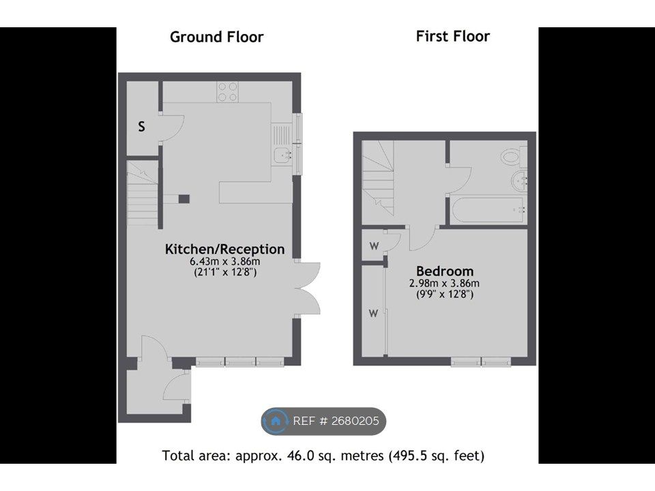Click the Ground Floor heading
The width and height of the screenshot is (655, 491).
click(216, 37)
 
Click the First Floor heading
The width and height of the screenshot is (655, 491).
click(453, 36)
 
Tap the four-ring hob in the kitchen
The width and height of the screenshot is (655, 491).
click(228, 91)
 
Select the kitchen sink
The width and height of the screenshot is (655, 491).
click(282, 155)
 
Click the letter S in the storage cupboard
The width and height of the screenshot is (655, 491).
click(142, 126)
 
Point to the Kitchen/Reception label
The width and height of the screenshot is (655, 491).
click(224, 249)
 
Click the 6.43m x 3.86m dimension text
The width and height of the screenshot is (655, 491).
click(224, 261)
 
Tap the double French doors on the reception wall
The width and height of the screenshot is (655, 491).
click(308, 288)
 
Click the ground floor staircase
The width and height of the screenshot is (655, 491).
click(143, 194)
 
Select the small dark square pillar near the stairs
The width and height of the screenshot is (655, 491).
click(184, 199)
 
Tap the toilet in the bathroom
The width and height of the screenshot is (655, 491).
click(513, 158)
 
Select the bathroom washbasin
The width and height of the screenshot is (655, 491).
click(521, 181)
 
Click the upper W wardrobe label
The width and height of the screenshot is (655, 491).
click(374, 247)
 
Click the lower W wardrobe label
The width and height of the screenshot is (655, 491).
click(373, 313)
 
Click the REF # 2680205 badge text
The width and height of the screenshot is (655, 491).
click(336, 421)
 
